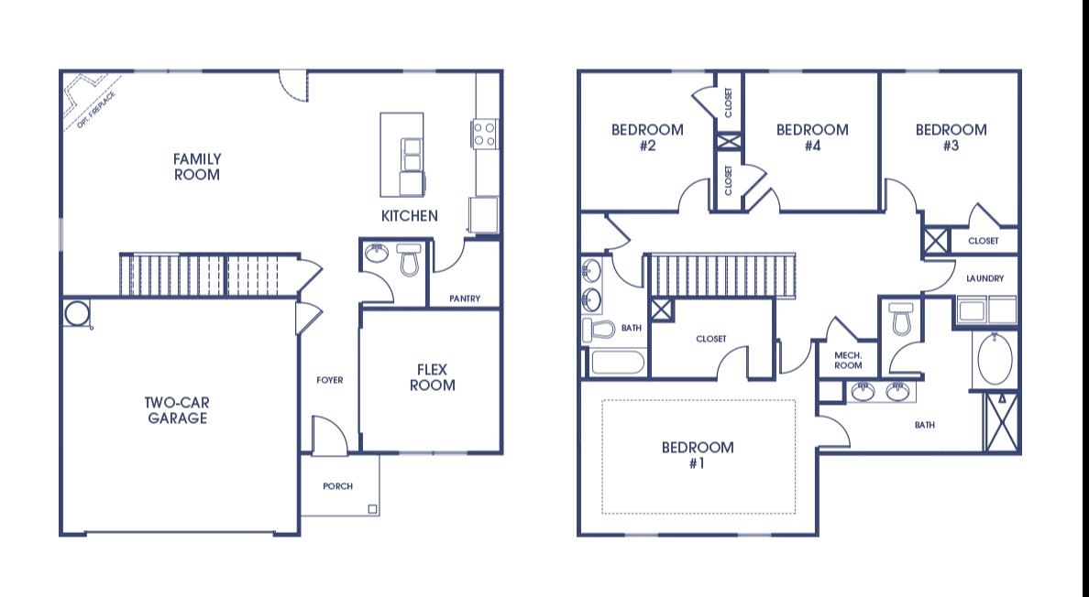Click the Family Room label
click(x=196, y=167)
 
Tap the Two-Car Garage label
click(x=177, y=410)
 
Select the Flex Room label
click(x=432, y=377)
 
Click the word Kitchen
click(x=410, y=216)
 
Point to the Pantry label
click(x=465, y=298)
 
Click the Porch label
click(x=337, y=486)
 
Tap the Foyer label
click(x=330, y=380)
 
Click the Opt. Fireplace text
click(x=96, y=110)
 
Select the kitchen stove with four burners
click(x=484, y=134)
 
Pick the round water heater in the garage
click(x=76, y=313)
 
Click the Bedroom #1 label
click(x=698, y=455)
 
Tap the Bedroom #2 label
click(x=647, y=137)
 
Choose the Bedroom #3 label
click(x=951, y=137)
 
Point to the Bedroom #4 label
click(x=812, y=137)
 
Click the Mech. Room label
click(x=848, y=361)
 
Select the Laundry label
click(x=984, y=278)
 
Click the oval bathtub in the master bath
click(x=995, y=359)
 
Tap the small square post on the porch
click(x=372, y=510)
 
